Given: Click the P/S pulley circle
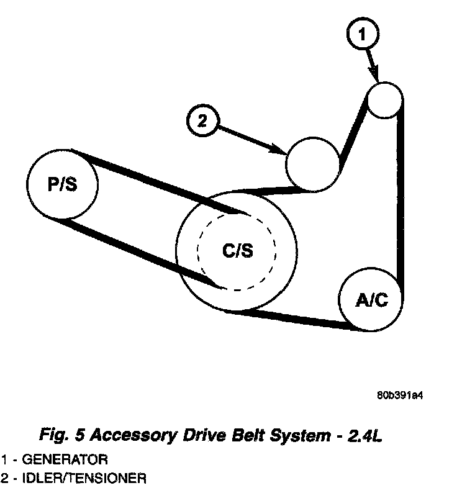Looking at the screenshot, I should pyautogui.click(x=62, y=184).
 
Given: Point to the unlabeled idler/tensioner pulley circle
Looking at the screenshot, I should pyautogui.click(x=313, y=162).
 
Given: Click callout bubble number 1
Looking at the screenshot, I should pyautogui.click(x=363, y=35).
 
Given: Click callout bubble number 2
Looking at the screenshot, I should pyautogui.click(x=201, y=120).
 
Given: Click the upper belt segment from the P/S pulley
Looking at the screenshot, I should pyautogui.click(x=155, y=180).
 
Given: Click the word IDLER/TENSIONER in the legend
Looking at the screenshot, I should pyautogui.click(x=81, y=478).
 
